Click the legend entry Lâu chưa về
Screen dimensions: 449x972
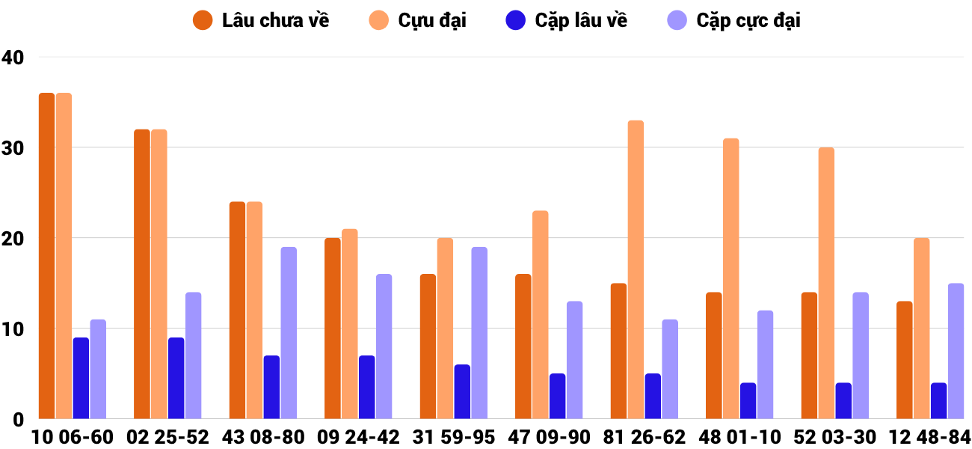tap(261, 20)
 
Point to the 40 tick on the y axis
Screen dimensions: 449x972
tap(13, 57)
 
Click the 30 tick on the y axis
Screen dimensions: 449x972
tap(13, 147)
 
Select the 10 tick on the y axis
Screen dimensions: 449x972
tap(13, 329)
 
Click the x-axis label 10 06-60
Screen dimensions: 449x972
tap(72, 436)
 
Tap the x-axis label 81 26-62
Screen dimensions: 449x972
tap(644, 436)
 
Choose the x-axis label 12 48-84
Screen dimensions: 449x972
tap(929, 436)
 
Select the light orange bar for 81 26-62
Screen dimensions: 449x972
tap(636, 269)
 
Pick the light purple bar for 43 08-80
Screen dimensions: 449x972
tap(289, 333)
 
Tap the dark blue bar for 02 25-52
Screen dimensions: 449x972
tap(176, 378)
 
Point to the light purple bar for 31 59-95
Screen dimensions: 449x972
tap(479, 333)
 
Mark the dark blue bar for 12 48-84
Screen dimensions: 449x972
tap(939, 400)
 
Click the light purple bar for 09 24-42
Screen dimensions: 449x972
tap(384, 346)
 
